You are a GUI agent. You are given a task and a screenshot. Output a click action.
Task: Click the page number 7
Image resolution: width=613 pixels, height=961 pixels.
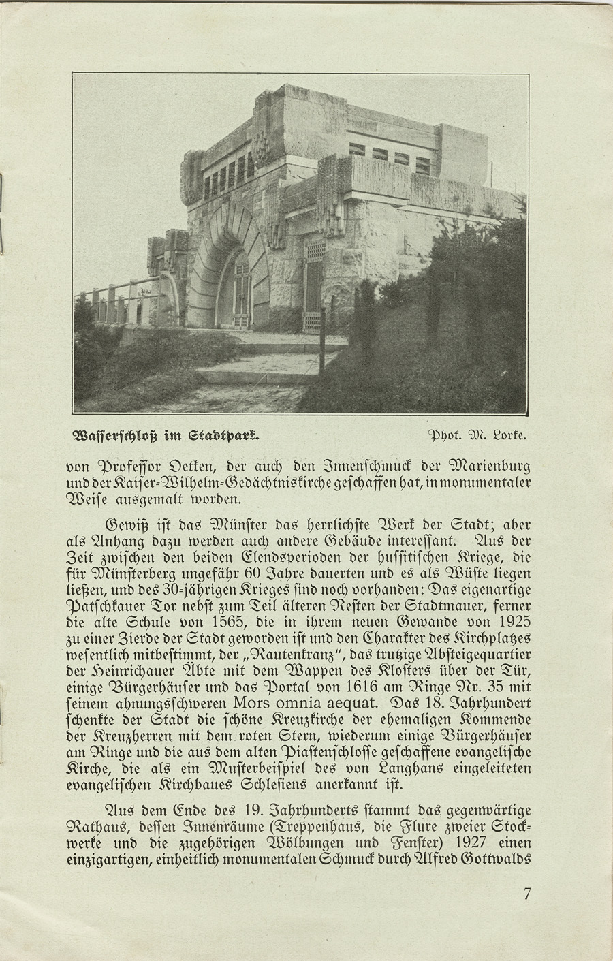[527, 894]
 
